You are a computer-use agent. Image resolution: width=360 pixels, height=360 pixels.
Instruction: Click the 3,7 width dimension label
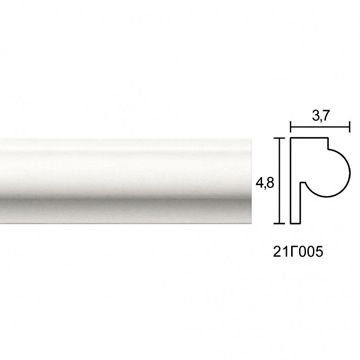click(321, 116)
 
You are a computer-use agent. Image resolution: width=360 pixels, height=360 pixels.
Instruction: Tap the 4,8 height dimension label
click(265, 183)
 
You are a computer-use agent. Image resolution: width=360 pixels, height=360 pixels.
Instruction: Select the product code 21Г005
click(298, 252)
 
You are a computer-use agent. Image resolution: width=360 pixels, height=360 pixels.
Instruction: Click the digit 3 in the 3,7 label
click(316, 115)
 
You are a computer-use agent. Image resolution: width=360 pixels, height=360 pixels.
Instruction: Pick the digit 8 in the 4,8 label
click(270, 183)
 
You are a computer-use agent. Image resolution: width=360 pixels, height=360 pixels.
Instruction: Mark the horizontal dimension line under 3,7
click(320, 127)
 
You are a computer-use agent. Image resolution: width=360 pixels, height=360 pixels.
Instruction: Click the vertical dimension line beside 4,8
click(280, 180)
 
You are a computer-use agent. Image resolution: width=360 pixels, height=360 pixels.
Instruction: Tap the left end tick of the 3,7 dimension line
click(291, 127)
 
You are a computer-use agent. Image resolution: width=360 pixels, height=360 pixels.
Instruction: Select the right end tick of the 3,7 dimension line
click(349, 127)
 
